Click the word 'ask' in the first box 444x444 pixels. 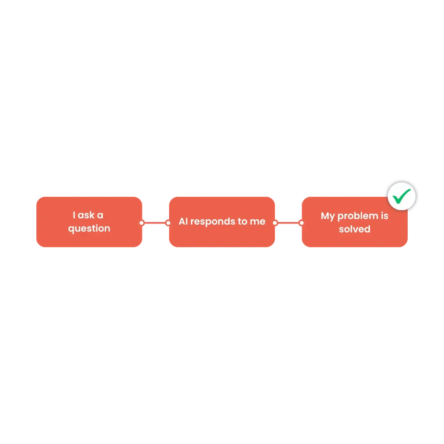tap(86, 215)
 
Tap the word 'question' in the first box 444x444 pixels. tap(89, 229)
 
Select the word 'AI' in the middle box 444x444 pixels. tap(183, 221)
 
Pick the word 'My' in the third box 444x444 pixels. tap(327, 217)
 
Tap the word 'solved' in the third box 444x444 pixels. tap(355, 229)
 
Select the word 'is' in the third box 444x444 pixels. tap(385, 216)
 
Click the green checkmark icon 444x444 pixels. tap(401, 196)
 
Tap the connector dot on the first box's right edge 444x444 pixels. tap(142, 223)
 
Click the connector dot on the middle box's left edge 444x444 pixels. tap(168, 223)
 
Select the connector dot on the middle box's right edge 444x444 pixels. tap(275, 223)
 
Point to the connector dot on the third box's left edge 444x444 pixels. tap(301, 223)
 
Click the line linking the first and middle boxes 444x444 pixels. tap(155, 223)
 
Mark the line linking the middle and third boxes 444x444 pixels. tap(288, 223)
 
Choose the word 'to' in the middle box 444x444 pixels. tap(243, 222)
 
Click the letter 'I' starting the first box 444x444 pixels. tap(74, 215)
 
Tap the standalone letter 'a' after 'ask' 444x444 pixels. tap(100, 216)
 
